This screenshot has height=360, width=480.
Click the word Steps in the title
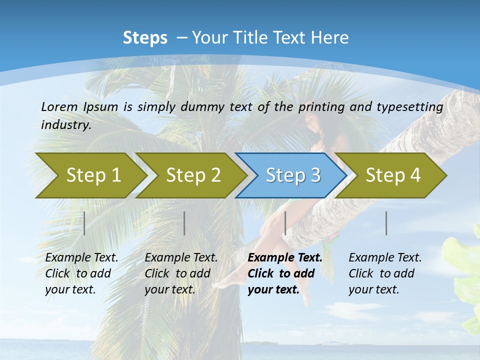(x=145, y=38)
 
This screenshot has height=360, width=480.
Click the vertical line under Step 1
(x=84, y=223)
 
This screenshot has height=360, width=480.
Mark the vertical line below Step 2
(x=184, y=223)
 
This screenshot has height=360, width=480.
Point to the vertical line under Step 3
(x=285, y=223)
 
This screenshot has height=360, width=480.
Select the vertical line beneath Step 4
(x=386, y=223)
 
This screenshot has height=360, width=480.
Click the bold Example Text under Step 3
(x=285, y=258)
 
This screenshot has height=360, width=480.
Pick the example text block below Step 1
(x=81, y=273)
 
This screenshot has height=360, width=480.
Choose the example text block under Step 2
(x=181, y=273)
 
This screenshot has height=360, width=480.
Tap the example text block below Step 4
(x=385, y=273)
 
